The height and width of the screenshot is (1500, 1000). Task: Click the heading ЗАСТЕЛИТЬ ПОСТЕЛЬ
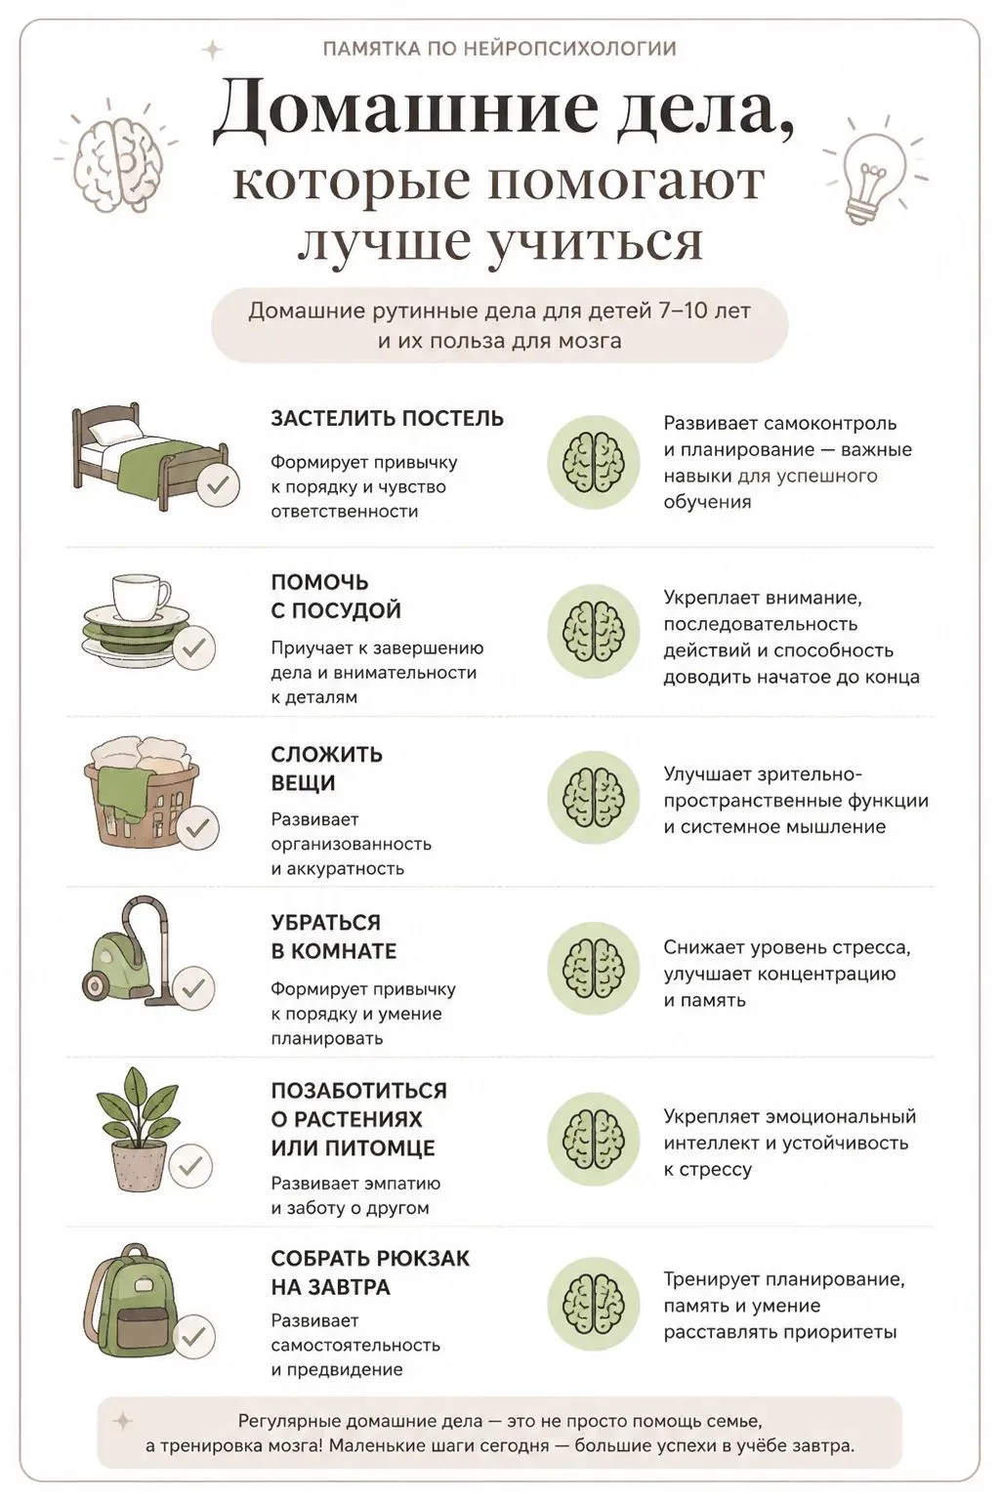[x=387, y=419]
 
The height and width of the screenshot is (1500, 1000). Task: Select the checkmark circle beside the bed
[x=218, y=483]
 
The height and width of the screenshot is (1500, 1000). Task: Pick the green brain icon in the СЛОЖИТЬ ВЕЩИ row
[x=594, y=798]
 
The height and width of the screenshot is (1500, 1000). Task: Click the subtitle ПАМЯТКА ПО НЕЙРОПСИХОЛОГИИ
[x=500, y=49]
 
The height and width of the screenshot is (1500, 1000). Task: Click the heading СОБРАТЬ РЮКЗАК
[x=370, y=1258]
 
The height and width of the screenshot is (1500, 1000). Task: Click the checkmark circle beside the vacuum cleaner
[x=193, y=987]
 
